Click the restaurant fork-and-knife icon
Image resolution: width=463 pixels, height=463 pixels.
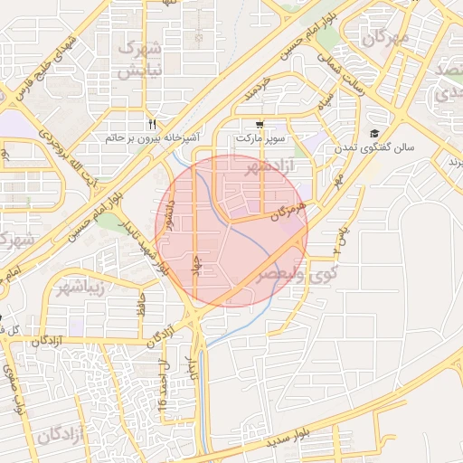153,124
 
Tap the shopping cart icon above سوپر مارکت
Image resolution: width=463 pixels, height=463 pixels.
260,125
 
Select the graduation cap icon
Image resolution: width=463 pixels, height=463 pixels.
374,134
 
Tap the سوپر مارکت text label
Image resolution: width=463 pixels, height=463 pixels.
260,138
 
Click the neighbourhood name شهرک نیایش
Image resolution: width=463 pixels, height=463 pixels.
141,56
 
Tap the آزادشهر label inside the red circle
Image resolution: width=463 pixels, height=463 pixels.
256,166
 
